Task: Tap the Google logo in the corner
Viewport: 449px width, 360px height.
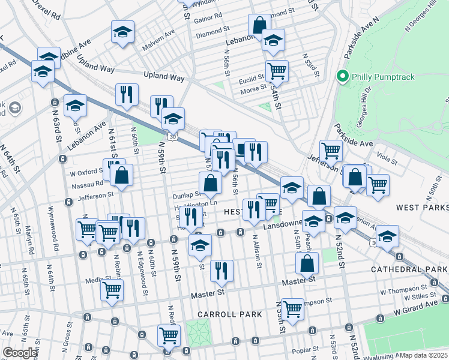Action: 20,353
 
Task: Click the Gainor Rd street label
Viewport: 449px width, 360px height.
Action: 208,18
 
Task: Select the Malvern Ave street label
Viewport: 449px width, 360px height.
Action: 157,46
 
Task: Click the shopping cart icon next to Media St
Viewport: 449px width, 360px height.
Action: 112,289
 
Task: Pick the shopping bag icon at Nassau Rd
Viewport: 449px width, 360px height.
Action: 121,175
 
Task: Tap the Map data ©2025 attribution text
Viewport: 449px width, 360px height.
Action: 423,355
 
